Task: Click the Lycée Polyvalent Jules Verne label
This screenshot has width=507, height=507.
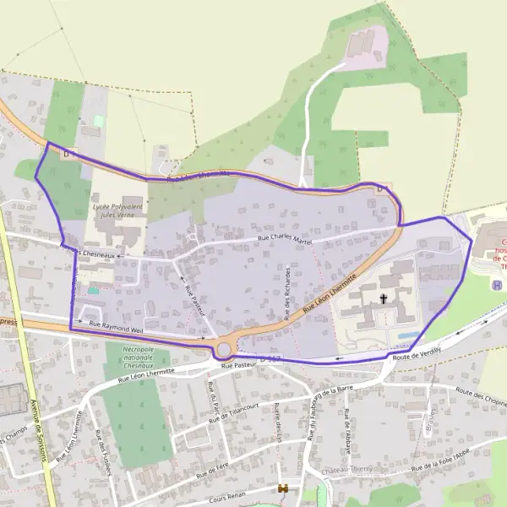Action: click(117, 211)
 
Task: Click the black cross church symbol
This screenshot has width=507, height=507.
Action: click(383, 298)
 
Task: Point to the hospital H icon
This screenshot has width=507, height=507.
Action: click(497, 285)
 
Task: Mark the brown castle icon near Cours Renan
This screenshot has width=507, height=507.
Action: click(284, 488)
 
